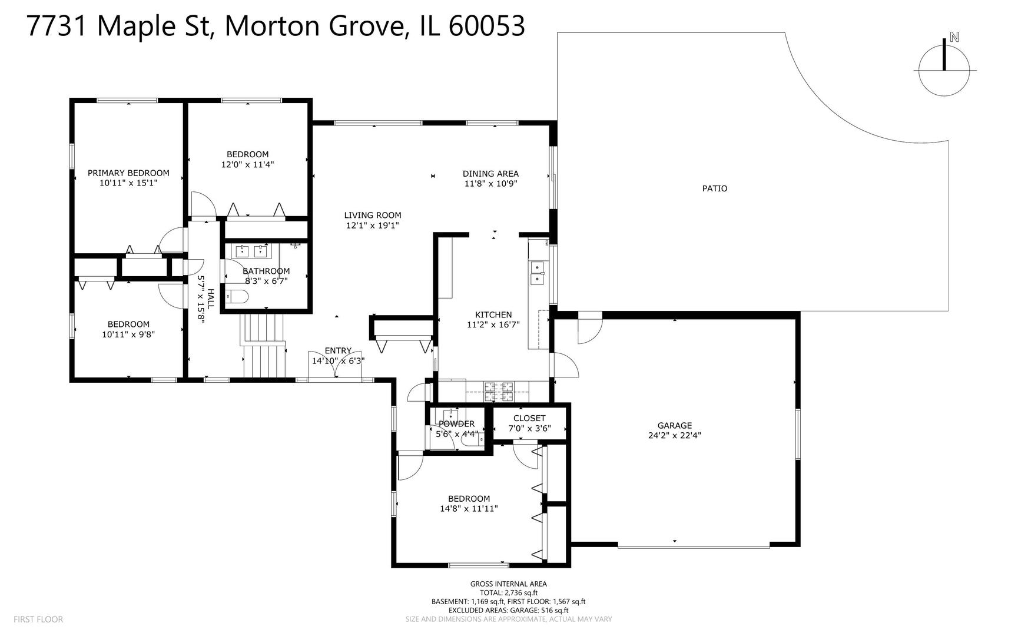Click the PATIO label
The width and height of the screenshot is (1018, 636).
[x=714, y=188]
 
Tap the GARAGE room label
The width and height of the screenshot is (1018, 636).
[x=674, y=425]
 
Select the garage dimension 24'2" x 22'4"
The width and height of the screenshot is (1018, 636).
[x=674, y=436]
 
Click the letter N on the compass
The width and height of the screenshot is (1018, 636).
[x=954, y=37]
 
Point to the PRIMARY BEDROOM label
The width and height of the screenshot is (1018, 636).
[x=128, y=173]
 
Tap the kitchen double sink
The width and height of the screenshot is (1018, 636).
[x=537, y=274]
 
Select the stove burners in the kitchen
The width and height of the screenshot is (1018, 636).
[x=498, y=387]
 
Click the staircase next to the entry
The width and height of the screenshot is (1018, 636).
[x=264, y=347]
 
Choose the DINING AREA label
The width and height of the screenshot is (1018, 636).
[x=490, y=173]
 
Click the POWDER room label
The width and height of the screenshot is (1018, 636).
[x=456, y=423]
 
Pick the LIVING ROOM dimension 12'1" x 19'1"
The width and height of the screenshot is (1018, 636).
[x=372, y=225]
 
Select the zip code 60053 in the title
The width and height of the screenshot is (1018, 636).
[x=486, y=26]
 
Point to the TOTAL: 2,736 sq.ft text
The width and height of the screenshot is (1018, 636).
[x=508, y=592]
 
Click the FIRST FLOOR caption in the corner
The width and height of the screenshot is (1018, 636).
[x=38, y=619]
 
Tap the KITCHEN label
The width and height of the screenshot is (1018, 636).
[x=493, y=314]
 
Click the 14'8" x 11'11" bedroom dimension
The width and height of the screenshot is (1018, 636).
[x=469, y=508]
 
